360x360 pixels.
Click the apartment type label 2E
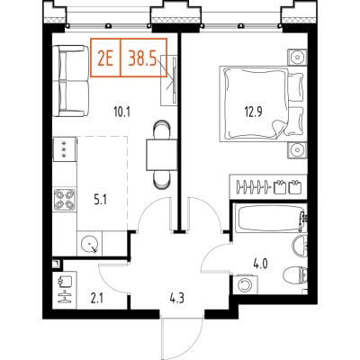(105, 58)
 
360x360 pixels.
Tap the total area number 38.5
(143, 58)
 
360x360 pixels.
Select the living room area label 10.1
(122, 112)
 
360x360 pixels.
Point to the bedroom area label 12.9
(253, 112)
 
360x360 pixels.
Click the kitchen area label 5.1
(101, 200)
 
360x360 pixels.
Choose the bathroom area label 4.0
(260, 265)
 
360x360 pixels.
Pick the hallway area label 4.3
(176, 299)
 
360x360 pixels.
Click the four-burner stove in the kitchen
(65, 200)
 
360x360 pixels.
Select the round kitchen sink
(89, 243)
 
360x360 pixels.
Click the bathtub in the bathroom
(271, 218)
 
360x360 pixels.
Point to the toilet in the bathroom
(295, 275)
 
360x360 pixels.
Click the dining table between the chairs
(162, 155)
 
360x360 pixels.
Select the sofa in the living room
(71, 81)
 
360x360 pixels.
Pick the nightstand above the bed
(297, 57)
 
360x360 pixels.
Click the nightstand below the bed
(297, 149)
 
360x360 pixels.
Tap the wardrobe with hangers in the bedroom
(268, 186)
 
